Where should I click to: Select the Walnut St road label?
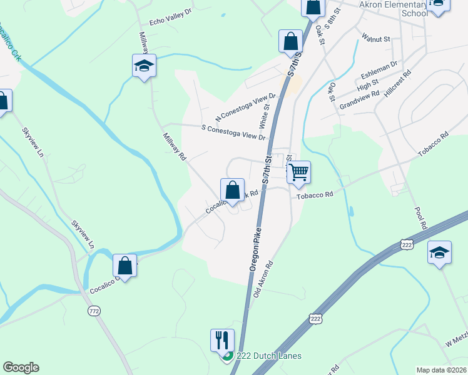point(376,39)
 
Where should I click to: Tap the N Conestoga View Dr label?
point(245,107)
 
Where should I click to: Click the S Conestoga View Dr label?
point(233,132)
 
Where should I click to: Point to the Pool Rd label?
point(420,217)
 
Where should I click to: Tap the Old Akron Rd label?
point(265,278)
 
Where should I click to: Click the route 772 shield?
point(94,311)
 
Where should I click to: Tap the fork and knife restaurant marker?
point(222,340)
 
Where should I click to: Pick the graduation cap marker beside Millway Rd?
point(144,65)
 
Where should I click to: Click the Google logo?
point(21,367)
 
